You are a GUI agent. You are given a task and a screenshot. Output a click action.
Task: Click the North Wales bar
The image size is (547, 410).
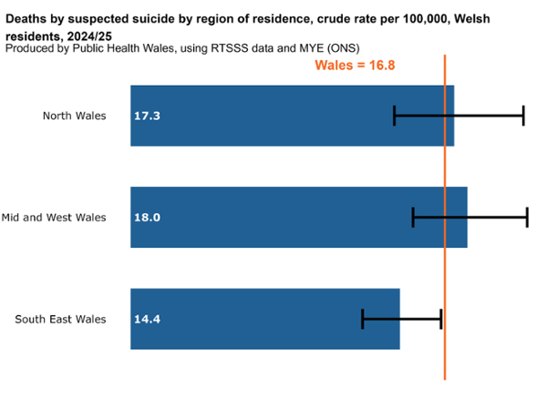coord(273,116)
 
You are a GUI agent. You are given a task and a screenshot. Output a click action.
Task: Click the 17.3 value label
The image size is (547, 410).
coord(147,117)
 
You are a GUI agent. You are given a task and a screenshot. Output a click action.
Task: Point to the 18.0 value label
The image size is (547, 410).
coord(147,218)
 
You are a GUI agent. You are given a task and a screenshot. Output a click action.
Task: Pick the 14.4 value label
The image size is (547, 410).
coord(147,320)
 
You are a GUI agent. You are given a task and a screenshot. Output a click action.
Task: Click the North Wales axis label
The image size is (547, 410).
coord(74,116)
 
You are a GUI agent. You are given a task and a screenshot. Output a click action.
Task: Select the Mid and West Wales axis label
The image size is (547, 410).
coord(54,217)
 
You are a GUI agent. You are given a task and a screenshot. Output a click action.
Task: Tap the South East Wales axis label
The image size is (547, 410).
coord(61,319)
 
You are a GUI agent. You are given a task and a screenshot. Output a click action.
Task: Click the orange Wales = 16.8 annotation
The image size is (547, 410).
coord(355,65)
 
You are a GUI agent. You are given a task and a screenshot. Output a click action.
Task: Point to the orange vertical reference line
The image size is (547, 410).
coord(445,273)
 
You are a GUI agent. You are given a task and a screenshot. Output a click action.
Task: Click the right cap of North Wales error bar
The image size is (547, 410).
coord(523,115)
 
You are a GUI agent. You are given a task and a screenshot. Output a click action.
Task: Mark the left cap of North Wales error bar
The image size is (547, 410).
coord(395,115)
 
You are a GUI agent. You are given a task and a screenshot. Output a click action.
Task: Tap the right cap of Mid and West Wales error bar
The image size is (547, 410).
coord(527,217)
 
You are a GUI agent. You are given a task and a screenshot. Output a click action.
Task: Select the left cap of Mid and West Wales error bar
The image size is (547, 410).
coord(413,217)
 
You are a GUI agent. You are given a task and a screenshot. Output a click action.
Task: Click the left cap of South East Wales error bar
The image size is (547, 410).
coord(363,319)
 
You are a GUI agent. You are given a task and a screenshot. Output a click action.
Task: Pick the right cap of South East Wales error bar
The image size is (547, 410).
coord(441,319)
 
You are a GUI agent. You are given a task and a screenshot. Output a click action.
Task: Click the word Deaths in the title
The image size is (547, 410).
coord(26,17)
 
